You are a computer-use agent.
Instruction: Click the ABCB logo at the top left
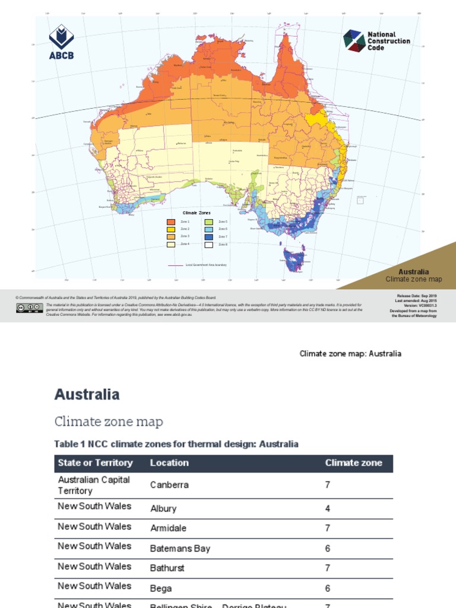pyautogui.click(x=62, y=42)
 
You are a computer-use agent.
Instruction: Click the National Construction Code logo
pyautogui.click(x=376, y=40)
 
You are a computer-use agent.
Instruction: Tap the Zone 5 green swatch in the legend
pyautogui.click(x=209, y=221)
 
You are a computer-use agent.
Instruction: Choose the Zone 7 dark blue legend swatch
pyautogui.click(x=209, y=236)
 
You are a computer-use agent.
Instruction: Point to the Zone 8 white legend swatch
pyautogui.click(x=209, y=244)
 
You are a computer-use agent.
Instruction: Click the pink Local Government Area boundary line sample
pyautogui.click(x=175, y=265)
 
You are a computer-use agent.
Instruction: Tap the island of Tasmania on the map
pyautogui.click(x=294, y=257)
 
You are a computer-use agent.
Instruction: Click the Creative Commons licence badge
pyautogui.click(x=29, y=307)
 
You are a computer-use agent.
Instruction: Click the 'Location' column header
pyautogui.click(x=169, y=463)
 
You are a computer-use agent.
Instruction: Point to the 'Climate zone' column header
pyautogui.click(x=354, y=463)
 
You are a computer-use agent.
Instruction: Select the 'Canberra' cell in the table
pyautogui.click(x=169, y=484)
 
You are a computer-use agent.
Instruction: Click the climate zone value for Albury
pyautogui.click(x=328, y=509)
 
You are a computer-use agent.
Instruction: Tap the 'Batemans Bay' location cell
pyautogui.click(x=180, y=549)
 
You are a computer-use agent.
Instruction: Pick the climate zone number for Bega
pyautogui.click(x=328, y=588)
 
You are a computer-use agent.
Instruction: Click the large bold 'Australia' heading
pyautogui.click(x=87, y=394)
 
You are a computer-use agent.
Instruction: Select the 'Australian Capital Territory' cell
pyautogui.click(x=94, y=485)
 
